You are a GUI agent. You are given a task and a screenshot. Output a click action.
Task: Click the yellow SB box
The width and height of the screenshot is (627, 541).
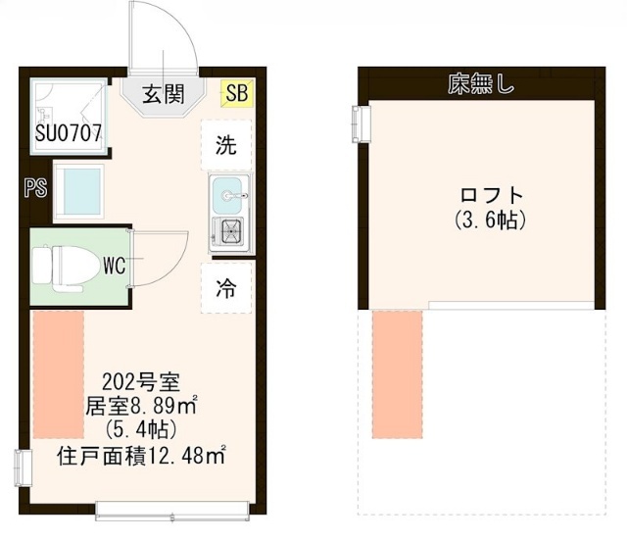(237, 93)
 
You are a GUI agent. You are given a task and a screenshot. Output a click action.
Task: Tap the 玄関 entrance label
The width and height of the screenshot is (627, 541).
(164, 94)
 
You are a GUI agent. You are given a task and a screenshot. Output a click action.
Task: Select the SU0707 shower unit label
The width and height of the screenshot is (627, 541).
(69, 133)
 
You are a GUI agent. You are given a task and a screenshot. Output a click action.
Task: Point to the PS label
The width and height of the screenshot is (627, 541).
(36, 187)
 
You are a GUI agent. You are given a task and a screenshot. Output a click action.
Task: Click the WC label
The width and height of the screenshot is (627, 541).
(115, 265)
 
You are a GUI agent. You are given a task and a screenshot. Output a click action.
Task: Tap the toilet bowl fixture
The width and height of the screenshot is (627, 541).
(66, 268)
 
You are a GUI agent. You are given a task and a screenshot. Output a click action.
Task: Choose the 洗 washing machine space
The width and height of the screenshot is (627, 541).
(226, 144)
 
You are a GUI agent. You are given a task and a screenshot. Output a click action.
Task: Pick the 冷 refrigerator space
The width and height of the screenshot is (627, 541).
(226, 288)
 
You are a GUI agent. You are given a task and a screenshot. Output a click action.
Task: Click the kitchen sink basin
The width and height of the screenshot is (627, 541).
(227, 196)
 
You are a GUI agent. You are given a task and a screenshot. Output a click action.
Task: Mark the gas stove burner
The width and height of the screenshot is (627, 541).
(231, 231)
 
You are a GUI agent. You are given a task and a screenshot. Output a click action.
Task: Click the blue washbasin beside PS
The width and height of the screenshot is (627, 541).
(81, 191)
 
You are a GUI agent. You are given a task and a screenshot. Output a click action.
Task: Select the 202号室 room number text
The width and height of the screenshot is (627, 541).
(141, 382)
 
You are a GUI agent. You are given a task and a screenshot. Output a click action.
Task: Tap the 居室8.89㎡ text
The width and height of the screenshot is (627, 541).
(142, 406)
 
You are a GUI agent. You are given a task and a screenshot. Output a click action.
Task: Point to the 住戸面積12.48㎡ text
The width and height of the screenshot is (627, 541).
(142, 456)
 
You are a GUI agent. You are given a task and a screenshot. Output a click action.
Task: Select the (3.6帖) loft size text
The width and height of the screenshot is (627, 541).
(490, 221)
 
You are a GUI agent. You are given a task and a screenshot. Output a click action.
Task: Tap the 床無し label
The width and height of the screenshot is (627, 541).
(480, 84)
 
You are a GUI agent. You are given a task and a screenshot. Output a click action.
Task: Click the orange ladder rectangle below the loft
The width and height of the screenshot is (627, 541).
(398, 374)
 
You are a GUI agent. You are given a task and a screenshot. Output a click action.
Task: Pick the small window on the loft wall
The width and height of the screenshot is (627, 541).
(362, 123)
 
